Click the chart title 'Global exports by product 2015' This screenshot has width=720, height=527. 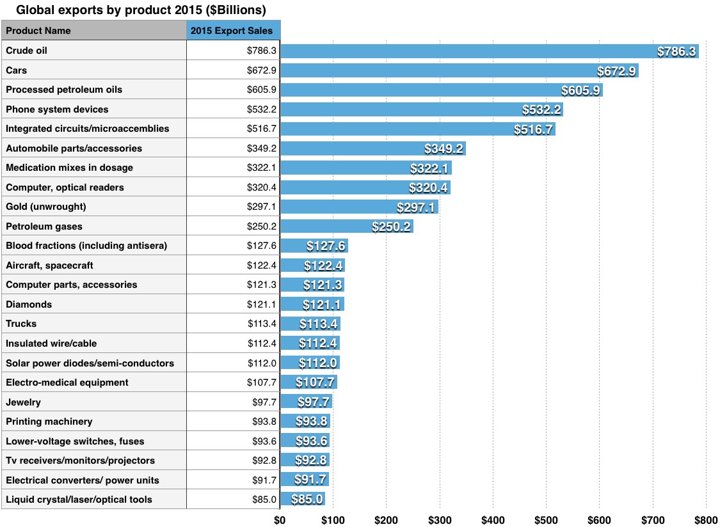pos(140,10)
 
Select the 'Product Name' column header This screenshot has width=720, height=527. pos(38,31)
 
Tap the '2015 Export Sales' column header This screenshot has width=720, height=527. pos(234,31)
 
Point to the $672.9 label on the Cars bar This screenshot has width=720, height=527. pos(616,71)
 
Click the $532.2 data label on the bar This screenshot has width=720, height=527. pos(542,110)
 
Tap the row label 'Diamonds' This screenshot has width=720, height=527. pos(29,304)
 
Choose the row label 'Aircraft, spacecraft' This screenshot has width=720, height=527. pos(50,265)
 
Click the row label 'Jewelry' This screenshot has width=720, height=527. pos(23,402)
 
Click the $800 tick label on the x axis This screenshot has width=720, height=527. pos(705,519)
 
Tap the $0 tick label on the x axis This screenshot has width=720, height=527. pos(280,519)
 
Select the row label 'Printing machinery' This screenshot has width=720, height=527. pos(49,421)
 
